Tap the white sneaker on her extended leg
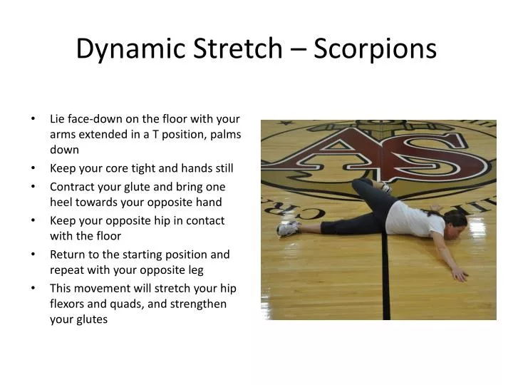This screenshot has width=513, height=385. (x=287, y=228)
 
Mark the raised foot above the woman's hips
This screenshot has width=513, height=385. (x=383, y=187)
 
